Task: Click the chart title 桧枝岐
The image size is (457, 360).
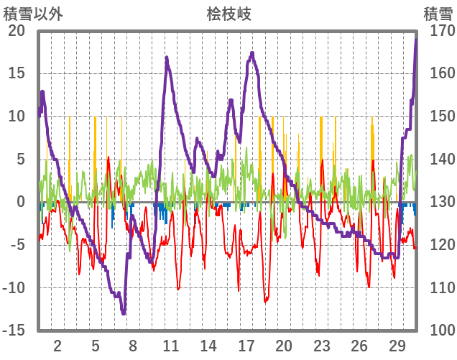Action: (229, 14)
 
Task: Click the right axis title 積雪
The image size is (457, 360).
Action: (438, 14)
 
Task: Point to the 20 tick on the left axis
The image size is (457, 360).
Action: (17, 31)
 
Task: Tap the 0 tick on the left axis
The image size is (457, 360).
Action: (20, 202)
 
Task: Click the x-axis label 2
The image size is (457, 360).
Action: (57, 345)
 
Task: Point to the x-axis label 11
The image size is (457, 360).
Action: (170, 345)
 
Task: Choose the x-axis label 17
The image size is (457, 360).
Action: (246, 345)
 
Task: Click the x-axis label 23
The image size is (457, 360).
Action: (321, 345)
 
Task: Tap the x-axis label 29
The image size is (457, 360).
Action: (397, 345)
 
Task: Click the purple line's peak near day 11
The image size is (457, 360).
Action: (167, 57)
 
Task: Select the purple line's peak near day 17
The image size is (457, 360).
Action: (252, 52)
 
